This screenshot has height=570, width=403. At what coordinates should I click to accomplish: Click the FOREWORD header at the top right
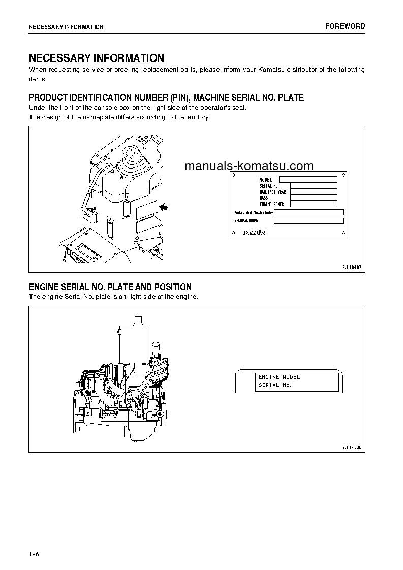pyautogui.click(x=345, y=26)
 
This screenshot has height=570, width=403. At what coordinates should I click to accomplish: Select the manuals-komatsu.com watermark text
pyautogui.click(x=249, y=166)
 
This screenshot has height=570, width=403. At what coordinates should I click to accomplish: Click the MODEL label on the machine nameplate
pyautogui.click(x=266, y=180)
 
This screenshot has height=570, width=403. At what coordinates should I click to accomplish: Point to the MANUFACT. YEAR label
pyautogui.click(x=273, y=192)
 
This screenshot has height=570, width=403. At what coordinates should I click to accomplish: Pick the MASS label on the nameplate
pyautogui.click(x=264, y=198)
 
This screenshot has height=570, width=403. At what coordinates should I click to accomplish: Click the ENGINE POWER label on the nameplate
pyautogui.click(x=272, y=204)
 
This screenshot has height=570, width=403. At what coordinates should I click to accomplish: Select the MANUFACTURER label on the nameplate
pyautogui.click(x=246, y=221)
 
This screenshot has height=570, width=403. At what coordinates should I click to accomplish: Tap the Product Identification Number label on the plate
pyautogui.click(x=254, y=212)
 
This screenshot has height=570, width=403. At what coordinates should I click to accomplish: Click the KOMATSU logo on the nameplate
pyautogui.click(x=256, y=232)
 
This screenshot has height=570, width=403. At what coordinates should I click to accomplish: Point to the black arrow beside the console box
pyautogui.click(x=164, y=207)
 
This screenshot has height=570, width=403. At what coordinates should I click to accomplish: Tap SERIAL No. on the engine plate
pyautogui.click(x=274, y=385)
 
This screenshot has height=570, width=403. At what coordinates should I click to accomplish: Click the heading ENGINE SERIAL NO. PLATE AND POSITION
pyautogui.click(x=110, y=287)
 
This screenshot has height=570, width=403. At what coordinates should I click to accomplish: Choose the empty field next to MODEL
pyautogui.click(x=308, y=179)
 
